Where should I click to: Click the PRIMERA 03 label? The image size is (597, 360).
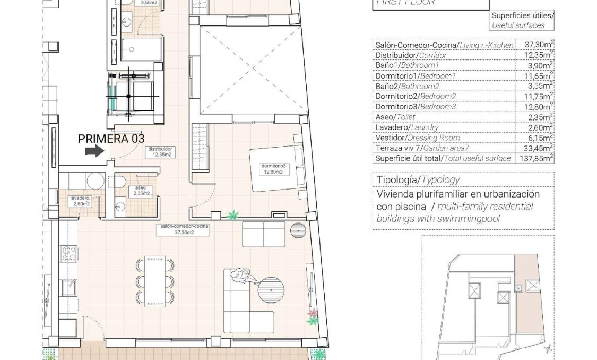coord(111,139)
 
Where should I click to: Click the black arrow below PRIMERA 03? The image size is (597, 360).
coord(94,152)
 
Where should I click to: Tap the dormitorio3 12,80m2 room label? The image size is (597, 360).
coord(273,169)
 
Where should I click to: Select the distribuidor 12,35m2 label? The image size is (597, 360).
coord(161,152)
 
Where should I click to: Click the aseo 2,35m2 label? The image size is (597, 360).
coord(141,191)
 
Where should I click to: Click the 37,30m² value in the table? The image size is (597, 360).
coord(534,45)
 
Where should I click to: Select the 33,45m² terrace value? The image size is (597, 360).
coord(534,148)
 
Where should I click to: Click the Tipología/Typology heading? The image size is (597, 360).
coord(418,179)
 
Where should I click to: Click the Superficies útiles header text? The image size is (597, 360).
coord(522,16)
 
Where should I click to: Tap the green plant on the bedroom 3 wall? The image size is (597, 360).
coord(232,215)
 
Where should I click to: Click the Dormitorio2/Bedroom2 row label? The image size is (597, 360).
coord(416,96)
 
